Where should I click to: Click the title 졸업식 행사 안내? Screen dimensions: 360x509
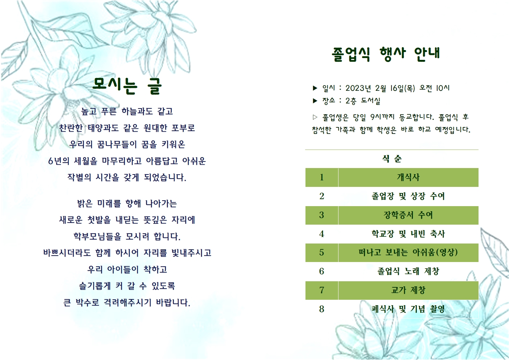coord(386,54)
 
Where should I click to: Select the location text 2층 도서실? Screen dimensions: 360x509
coord(362,101)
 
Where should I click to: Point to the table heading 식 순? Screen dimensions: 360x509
coord(392,159)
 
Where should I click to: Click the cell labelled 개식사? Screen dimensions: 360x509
coord(408,177)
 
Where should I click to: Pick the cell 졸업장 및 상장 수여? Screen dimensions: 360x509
coord(408,196)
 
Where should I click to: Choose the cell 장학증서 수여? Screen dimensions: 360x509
coord(408,215)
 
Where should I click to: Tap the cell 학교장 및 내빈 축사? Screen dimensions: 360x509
coord(408,234)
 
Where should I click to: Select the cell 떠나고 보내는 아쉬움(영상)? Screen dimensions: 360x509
coord(408,253)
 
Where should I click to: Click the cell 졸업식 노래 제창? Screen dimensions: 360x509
coord(408,271)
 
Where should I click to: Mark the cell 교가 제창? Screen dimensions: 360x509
coord(408,290)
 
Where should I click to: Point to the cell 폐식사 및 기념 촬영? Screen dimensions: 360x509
coord(408,309)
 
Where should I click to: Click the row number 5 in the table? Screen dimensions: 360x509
coord(321,253)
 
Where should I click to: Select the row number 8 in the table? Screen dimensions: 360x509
coord(321,309)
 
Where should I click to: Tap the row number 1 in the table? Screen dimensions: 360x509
coord(321,177)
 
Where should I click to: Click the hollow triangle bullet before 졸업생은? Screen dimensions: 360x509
coord(315,117)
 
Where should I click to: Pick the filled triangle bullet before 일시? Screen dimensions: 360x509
coord(315,88)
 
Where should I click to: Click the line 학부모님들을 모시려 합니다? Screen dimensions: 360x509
coord(127,237)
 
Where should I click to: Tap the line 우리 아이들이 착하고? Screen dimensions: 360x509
coord(127,270)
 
